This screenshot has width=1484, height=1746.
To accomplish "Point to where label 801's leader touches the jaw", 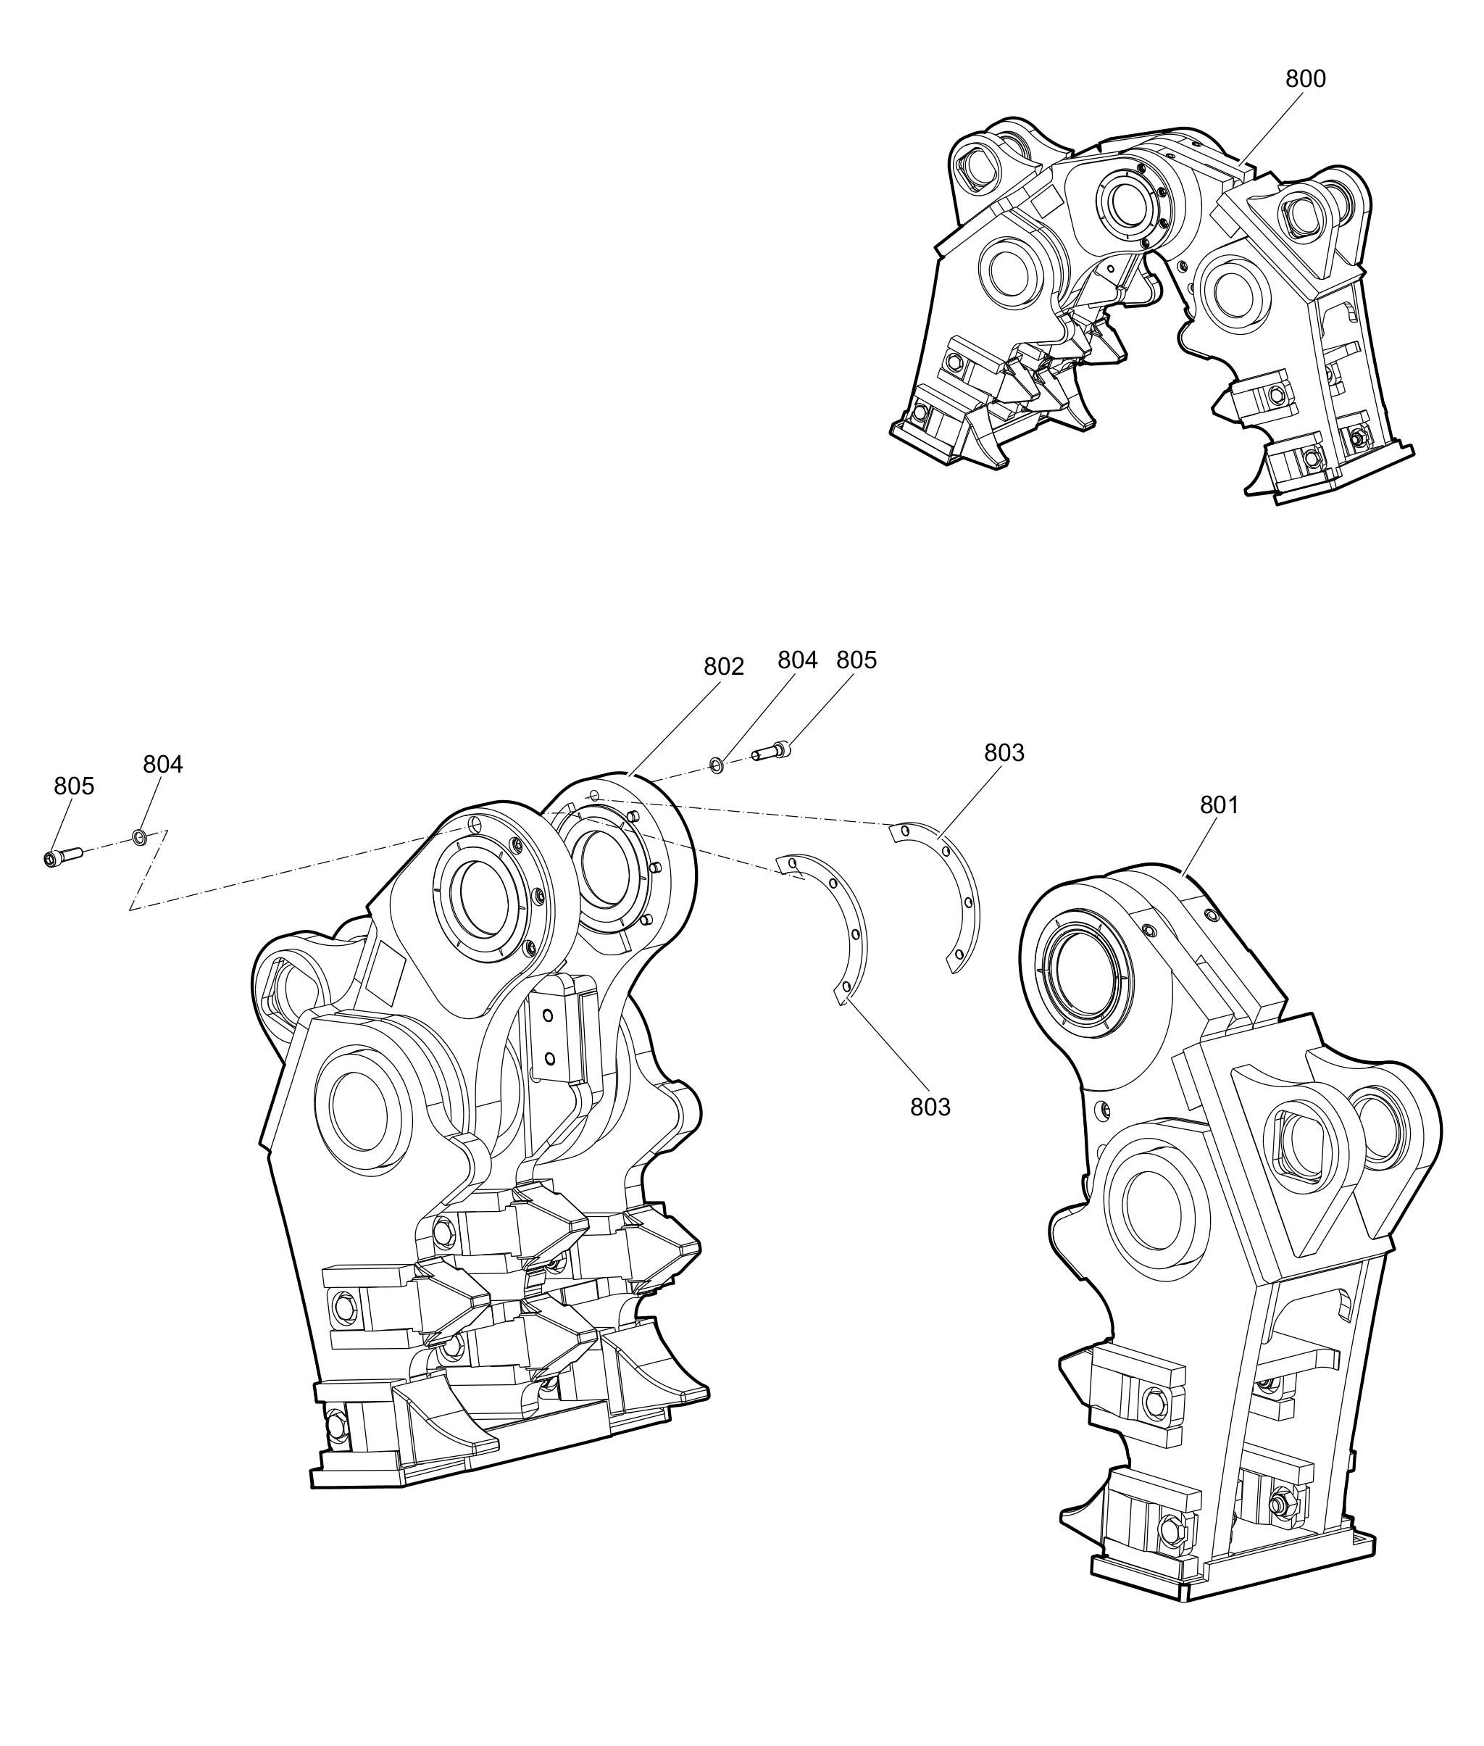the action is tap(1184, 876).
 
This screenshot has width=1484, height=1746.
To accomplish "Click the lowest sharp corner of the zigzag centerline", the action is tap(129, 910).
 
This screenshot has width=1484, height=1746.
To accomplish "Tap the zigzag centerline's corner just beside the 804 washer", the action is tap(167, 831).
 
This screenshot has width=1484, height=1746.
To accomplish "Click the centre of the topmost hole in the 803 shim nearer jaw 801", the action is tap(904, 831).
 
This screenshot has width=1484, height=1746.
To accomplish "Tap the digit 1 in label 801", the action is tap(1233, 805).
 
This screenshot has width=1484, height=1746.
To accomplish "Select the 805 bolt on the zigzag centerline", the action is tap(62, 857).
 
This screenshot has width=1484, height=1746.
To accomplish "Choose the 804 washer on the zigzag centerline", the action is tap(139, 836).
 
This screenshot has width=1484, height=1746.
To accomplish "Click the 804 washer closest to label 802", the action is tap(715, 764).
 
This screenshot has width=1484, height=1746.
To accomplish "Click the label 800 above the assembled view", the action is tap(1306, 79).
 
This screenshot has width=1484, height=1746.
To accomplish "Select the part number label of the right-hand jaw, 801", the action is tap(1220, 805).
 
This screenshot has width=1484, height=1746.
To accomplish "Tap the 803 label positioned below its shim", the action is tap(930, 1107).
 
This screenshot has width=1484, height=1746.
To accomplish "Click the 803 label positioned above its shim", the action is tap(1004, 752).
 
